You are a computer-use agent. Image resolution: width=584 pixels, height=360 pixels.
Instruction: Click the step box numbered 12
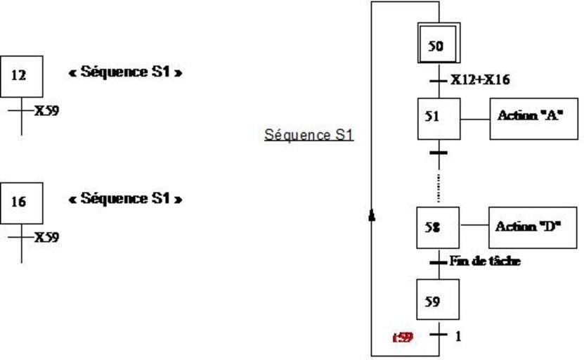[x=21, y=76]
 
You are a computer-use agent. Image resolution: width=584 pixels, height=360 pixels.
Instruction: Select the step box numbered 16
[x=21, y=202]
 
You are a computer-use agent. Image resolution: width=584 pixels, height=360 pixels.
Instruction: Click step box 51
[x=439, y=118]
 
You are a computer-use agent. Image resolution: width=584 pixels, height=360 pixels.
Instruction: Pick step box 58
[x=438, y=227]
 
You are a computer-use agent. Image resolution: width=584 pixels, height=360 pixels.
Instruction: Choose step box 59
[x=438, y=301]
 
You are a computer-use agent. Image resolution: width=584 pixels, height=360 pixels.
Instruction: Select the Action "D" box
[x=532, y=227]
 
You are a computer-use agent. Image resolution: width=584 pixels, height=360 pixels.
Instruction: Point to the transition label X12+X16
[x=480, y=80]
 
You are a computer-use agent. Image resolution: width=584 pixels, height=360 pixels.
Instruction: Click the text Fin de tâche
[x=486, y=262]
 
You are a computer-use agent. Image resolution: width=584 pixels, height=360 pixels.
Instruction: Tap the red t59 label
[x=403, y=337]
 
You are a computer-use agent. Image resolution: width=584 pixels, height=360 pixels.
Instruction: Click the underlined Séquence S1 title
[x=309, y=135]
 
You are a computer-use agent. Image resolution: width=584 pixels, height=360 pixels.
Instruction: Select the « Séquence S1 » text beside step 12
[x=125, y=72]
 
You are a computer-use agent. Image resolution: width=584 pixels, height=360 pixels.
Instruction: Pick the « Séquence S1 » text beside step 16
[x=125, y=198]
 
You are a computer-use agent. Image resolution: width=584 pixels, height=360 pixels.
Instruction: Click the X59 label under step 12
[x=46, y=110]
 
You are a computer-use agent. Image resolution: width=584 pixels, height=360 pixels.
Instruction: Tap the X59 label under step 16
[x=46, y=237]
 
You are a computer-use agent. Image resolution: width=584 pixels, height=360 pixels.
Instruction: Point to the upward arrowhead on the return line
[x=372, y=214]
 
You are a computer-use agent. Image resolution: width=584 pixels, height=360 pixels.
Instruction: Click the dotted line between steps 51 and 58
[x=439, y=186]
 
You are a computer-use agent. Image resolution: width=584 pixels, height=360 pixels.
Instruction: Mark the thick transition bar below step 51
[x=439, y=152]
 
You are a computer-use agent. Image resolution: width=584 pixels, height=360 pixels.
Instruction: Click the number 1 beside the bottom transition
[x=458, y=336]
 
